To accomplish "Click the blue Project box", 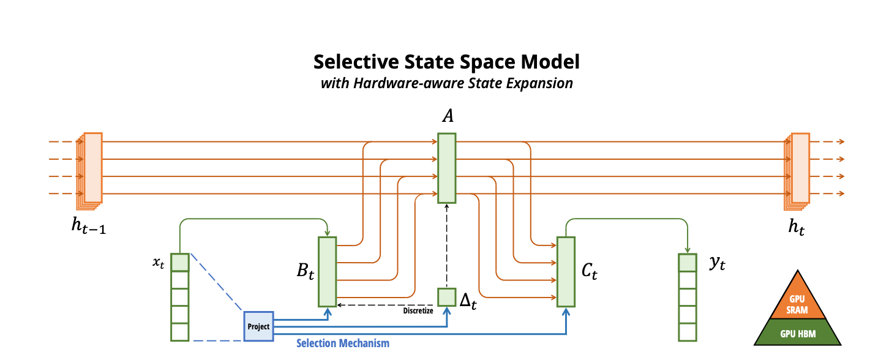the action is click(x=258, y=326).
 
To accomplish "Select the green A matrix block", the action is click(x=446, y=168).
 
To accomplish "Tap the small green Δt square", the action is click(x=446, y=297).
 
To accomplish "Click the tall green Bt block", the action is click(x=328, y=272).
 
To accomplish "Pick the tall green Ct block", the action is click(x=566, y=272).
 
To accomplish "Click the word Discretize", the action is click(x=418, y=310).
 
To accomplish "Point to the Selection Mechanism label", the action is click(x=343, y=343).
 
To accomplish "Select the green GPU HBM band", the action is click(x=798, y=332).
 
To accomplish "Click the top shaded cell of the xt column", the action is click(x=180, y=263).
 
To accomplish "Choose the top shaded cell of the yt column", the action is click(x=688, y=263).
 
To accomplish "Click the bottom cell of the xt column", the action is click(x=180, y=332).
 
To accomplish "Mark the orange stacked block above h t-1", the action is click(x=89, y=171).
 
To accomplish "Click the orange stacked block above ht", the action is click(x=797, y=171).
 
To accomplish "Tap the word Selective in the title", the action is click(x=356, y=62).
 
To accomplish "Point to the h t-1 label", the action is click(x=89, y=227).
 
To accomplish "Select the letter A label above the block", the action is click(x=448, y=116).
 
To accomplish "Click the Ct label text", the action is click(x=590, y=271).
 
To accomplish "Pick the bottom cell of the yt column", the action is click(x=688, y=332).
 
